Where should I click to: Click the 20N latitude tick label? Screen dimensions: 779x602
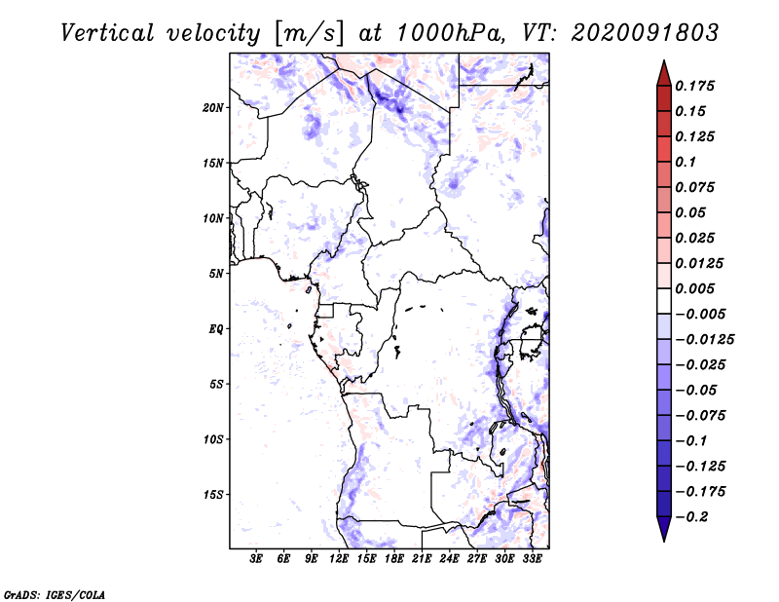point(213,108)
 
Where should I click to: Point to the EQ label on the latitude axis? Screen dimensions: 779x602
point(216,329)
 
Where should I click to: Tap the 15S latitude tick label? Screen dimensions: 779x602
point(213,495)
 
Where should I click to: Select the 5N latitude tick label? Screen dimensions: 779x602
point(216,274)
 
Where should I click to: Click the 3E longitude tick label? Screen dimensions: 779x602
point(256,559)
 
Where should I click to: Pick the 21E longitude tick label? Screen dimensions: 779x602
point(422,559)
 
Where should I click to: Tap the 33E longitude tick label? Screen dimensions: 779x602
point(532,559)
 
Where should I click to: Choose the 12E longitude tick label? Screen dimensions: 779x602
point(338,559)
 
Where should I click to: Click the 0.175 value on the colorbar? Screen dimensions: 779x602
point(694,86)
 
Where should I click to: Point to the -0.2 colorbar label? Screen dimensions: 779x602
point(691,517)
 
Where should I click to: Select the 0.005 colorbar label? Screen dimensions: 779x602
point(694,288)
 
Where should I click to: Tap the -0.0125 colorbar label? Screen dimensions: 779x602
point(704,340)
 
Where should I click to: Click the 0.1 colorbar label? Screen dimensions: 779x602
point(686,162)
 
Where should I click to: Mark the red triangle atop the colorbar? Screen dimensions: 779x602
point(664,73)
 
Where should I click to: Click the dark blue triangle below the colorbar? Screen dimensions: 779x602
point(664,529)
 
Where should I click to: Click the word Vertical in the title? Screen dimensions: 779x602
point(107,33)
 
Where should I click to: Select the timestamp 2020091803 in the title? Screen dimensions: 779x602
point(645,33)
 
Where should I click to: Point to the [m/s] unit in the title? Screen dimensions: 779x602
point(309,34)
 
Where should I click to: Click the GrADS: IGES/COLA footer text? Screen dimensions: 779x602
point(55,595)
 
